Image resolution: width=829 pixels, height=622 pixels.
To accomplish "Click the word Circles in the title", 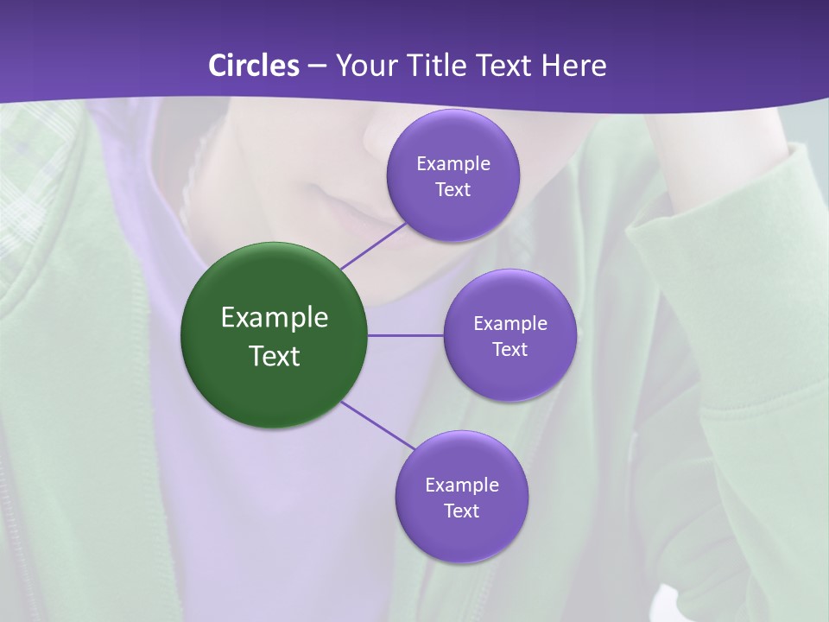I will pos(254,66).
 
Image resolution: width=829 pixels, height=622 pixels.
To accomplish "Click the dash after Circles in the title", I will pos(317,67).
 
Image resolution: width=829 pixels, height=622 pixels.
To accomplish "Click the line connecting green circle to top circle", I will pos(373,245).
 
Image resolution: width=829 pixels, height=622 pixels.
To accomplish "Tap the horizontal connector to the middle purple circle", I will pos(405,335).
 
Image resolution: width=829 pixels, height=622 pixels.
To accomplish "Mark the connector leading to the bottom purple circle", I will pos(378,425).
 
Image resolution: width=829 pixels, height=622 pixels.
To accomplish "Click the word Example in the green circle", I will pos(275,317).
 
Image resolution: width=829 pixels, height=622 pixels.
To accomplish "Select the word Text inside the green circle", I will pos(275,356).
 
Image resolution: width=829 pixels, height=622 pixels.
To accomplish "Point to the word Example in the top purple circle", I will pos(453,163).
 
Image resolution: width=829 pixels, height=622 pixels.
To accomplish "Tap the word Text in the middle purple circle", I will pos(509,349).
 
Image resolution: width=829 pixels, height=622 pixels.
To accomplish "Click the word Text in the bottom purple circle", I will pos(461,511).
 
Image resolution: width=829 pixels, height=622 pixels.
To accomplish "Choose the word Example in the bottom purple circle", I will pos(462,485).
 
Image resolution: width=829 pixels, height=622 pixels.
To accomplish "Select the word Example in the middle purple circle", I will pos(510,323).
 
